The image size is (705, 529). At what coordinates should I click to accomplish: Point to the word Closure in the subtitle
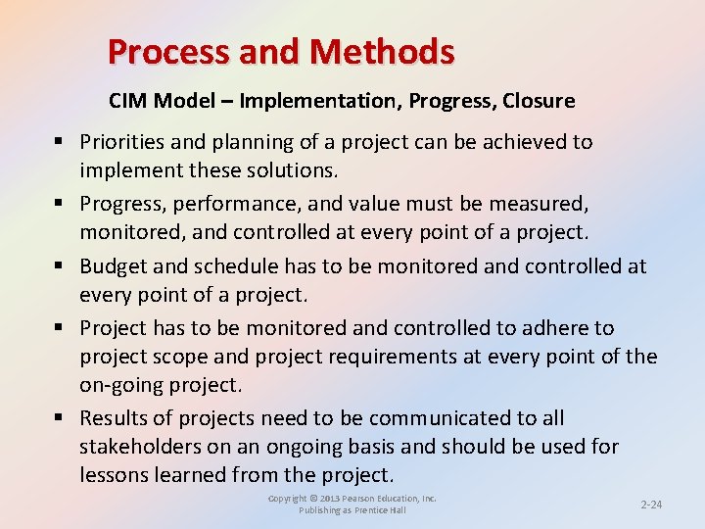[x=539, y=101]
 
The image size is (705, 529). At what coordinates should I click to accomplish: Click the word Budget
[x=111, y=266]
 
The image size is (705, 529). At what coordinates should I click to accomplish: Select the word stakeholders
[x=140, y=447]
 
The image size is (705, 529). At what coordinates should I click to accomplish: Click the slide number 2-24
[x=651, y=504]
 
